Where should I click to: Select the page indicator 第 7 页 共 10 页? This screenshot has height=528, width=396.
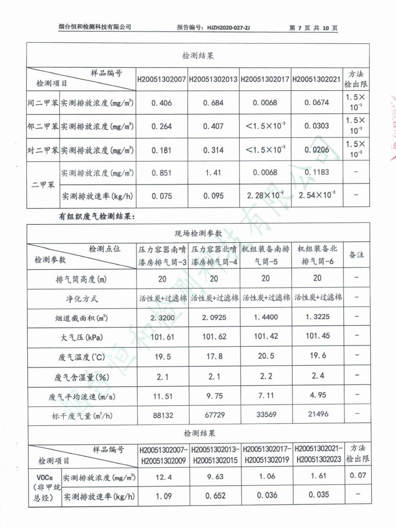[313, 28]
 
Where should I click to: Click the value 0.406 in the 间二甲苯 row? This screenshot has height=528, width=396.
[161, 103]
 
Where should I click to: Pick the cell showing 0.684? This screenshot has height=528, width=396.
[213, 103]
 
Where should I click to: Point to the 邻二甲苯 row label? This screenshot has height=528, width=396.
[42, 126]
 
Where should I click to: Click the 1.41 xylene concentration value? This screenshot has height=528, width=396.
[213, 173]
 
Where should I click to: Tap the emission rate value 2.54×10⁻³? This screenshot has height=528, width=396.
[317, 195]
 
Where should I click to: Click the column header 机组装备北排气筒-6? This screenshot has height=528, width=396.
[317, 255]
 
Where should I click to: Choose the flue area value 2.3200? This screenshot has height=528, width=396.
[162, 318]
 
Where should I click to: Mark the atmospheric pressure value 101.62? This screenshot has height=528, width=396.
[214, 337]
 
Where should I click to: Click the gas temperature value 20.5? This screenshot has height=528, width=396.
[266, 356]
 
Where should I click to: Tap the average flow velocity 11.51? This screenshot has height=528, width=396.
[162, 395]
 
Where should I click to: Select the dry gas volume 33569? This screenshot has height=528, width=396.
[266, 415]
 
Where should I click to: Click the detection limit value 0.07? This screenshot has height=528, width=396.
[357, 475]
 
